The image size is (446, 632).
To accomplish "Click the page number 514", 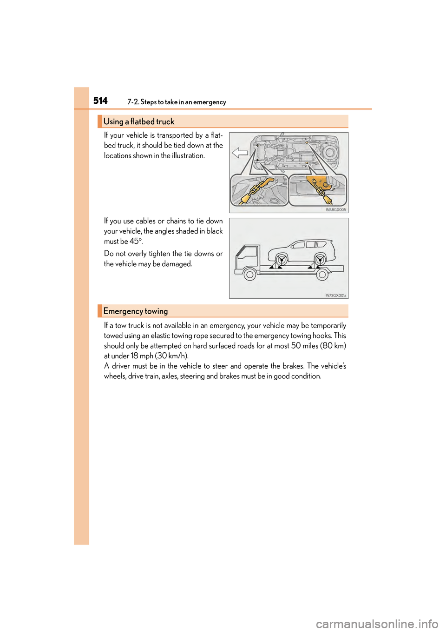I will tap(100, 101).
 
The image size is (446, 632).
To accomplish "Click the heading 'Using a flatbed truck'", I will tap(138, 121).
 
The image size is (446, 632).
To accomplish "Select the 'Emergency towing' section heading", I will tap(135, 311).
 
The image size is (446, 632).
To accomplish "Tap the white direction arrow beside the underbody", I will tap(240, 153).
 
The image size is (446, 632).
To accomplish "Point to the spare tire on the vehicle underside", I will tap(330, 152).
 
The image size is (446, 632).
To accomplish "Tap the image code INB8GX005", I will tap(335, 209).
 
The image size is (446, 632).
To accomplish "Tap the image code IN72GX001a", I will tap(335, 295).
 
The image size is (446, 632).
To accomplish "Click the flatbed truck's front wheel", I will tap(250, 275).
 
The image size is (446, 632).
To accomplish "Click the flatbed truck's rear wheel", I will tap(322, 275).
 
